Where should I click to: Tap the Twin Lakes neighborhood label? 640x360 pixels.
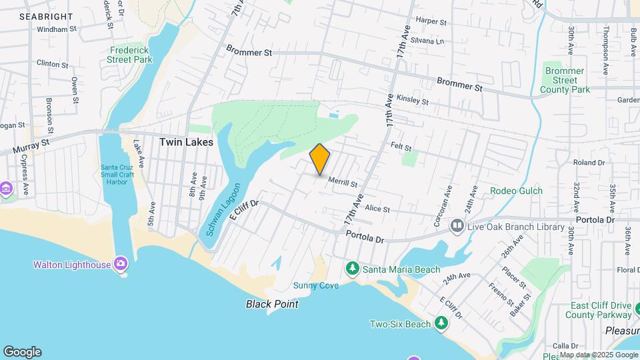(x=186, y=142)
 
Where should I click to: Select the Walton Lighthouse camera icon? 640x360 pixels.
(x=121, y=265)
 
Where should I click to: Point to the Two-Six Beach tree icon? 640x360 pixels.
(x=441, y=324)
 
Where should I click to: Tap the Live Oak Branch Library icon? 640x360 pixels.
(x=457, y=227)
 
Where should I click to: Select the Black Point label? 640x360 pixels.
(x=272, y=304)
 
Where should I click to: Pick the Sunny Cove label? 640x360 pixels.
(x=316, y=285)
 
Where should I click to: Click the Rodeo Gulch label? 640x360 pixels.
(x=516, y=191)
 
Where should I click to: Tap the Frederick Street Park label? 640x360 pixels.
(x=130, y=55)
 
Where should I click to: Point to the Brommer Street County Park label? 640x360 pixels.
(x=565, y=80)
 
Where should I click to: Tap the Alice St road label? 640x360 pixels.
(x=377, y=209)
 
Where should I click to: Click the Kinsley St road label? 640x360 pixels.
(x=411, y=100)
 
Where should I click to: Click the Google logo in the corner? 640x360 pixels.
(x=22, y=352)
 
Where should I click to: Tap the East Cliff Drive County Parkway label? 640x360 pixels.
(x=601, y=310)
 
